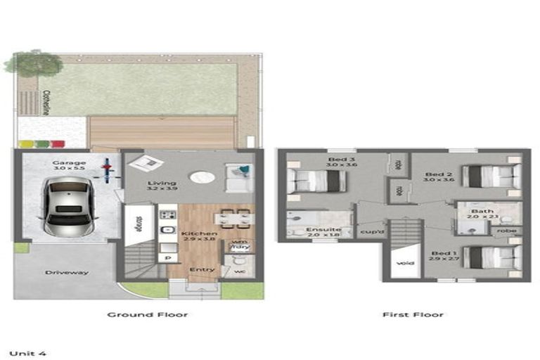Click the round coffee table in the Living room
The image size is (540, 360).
click(200, 178)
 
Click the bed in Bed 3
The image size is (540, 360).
click(316, 181)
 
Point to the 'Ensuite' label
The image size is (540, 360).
click(323, 229)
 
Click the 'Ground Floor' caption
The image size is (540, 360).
click(147, 314)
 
